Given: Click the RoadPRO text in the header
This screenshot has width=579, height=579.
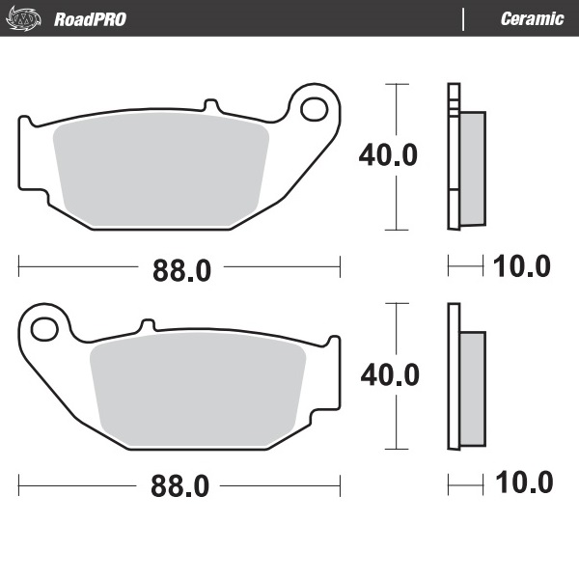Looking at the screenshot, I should [x=90, y=19].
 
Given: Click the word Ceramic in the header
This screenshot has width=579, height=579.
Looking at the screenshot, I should [x=532, y=19].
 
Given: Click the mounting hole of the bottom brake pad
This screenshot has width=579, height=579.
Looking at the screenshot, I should [x=44, y=330].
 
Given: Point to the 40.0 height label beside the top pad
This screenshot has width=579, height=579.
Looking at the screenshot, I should [x=388, y=155].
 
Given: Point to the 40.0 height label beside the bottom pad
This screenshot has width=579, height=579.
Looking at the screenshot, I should [x=389, y=374].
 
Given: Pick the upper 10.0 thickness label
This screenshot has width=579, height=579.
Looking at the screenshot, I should [x=521, y=266].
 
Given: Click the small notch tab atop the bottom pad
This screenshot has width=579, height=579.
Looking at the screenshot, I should [x=148, y=325].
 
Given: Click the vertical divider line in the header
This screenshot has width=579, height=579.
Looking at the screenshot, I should [x=464, y=19].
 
